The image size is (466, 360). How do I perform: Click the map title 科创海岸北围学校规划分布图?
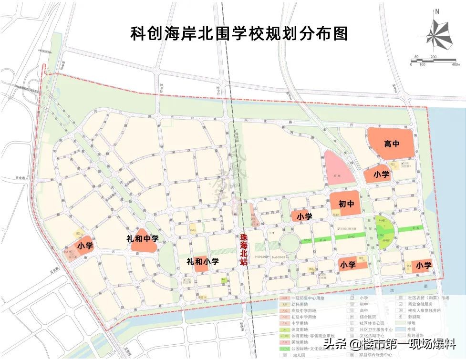point(238,33)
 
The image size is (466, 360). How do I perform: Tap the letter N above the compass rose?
point(436,11)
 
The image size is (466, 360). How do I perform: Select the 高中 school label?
point(392,143)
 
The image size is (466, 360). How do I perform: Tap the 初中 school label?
point(346,204)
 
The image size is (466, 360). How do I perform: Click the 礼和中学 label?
point(143,238)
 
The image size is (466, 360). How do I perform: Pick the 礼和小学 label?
point(202,261)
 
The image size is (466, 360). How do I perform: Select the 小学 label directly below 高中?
point(381,175)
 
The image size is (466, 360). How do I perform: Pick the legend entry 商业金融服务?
point(420,304)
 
